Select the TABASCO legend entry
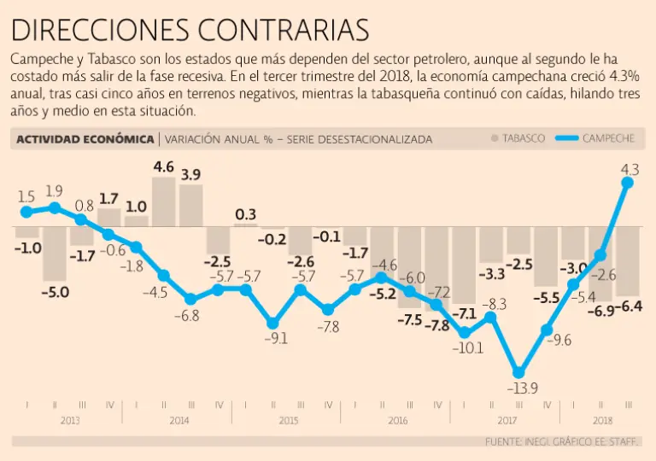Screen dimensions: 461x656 click(x=518, y=138)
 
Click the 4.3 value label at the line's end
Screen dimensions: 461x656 click(x=630, y=158)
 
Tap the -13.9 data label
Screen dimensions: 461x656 click(x=524, y=389)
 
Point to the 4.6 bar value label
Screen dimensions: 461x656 click(x=163, y=167)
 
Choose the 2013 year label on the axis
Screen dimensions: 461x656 click(x=70, y=421)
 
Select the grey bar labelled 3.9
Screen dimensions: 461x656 click(x=190, y=206)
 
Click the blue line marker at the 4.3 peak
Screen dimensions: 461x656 click(x=629, y=182)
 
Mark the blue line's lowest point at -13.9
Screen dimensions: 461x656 click(x=518, y=371)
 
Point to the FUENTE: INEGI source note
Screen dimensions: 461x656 click(x=564, y=441)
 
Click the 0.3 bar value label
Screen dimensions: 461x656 click(x=246, y=213)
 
